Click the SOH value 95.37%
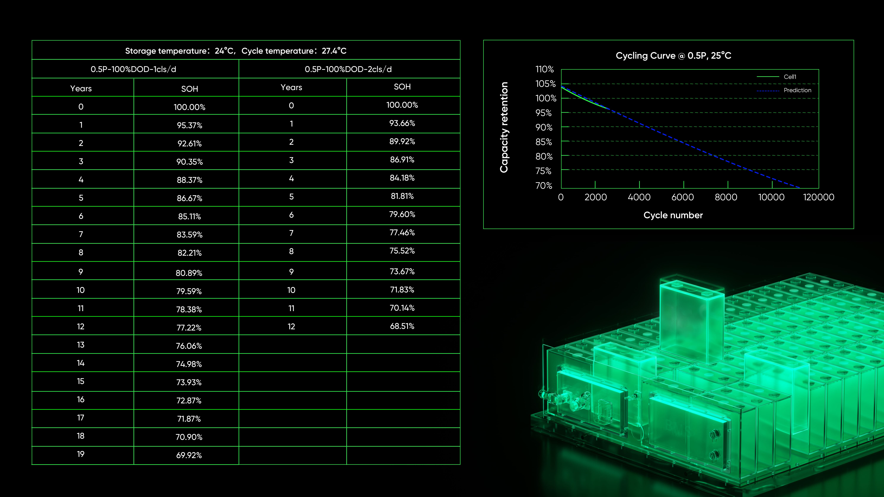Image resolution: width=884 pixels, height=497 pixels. (189, 125)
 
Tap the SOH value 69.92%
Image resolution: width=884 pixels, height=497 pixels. (189, 455)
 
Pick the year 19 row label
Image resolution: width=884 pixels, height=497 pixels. (81, 454)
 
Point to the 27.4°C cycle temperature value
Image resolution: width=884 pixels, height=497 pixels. (334, 51)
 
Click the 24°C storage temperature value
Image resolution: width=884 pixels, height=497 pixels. (224, 51)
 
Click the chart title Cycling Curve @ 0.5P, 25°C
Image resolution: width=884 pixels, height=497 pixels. (673, 56)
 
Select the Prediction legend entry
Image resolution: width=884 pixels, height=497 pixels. (797, 90)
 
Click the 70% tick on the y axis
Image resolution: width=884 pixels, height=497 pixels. (544, 186)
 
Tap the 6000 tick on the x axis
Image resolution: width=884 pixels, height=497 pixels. (683, 197)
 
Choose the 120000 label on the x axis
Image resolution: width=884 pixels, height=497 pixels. (818, 197)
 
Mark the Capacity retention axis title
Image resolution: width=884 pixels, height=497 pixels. (504, 127)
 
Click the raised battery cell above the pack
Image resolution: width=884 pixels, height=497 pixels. (691, 322)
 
